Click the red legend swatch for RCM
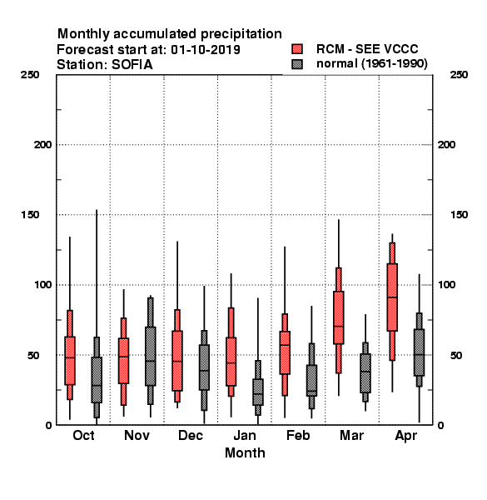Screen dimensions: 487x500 click(297, 49)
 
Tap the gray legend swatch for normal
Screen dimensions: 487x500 click(297, 64)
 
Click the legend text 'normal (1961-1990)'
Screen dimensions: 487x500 click(371, 64)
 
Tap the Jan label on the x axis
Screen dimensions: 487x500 click(245, 435)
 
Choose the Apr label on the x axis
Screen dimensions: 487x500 click(405, 436)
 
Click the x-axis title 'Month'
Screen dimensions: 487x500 click(245, 452)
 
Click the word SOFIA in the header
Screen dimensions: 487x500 click(132, 65)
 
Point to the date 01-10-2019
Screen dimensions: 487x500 click(206, 49)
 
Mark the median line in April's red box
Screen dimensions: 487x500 click(392, 297)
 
